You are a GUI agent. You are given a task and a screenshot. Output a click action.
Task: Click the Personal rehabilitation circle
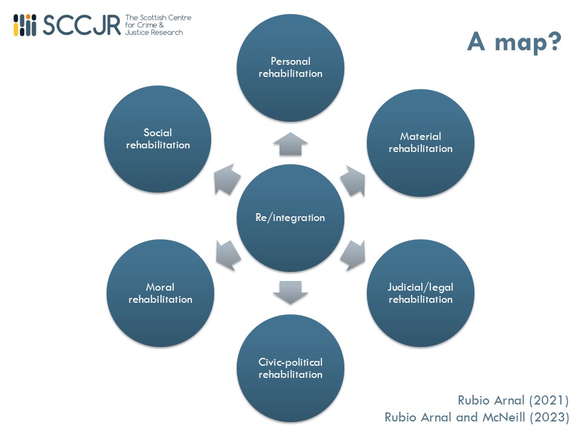pyautogui.click(x=290, y=67)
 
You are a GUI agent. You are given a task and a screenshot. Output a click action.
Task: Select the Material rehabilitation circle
pyautogui.click(x=421, y=142)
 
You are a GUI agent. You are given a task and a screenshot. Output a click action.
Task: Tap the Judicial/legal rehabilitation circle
pyautogui.click(x=421, y=293)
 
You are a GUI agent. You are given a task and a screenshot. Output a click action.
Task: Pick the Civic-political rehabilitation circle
pyautogui.click(x=290, y=368)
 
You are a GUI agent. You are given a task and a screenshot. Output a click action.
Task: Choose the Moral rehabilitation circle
pyautogui.click(x=160, y=293)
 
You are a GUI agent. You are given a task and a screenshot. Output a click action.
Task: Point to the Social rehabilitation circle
pyautogui.click(x=158, y=139)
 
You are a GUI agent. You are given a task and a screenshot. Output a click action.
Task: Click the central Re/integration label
pyautogui.click(x=290, y=217)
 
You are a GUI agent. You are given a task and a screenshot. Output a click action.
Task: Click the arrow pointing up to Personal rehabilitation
pyautogui.click(x=290, y=144)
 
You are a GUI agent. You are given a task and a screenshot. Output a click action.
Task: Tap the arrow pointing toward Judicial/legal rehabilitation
pyautogui.click(x=353, y=254)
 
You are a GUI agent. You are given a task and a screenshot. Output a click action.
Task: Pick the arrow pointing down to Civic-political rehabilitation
pyautogui.click(x=290, y=292)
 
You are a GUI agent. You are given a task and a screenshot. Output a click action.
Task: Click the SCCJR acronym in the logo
pyautogui.click(x=82, y=25)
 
